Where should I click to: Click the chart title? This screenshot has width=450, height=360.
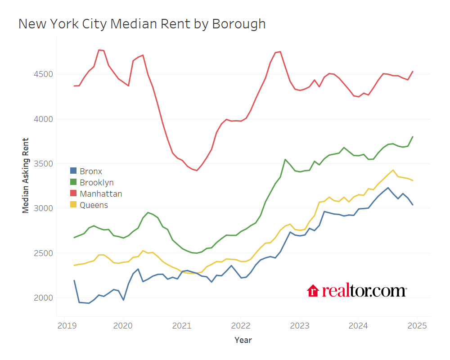pyautogui.click(x=142, y=24)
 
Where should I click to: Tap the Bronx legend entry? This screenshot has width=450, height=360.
pyautogui.click(x=90, y=171)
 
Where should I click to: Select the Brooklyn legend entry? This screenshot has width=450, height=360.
pyautogui.click(x=96, y=182)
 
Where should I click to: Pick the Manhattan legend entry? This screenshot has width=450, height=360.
pyautogui.click(x=100, y=194)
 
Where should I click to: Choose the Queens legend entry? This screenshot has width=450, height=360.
pyautogui.click(x=94, y=205)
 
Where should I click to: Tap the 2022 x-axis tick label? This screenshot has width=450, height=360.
pyautogui.click(x=241, y=325)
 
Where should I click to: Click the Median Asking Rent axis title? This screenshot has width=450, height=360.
pyautogui.click(x=26, y=175)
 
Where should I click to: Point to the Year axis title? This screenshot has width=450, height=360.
pyautogui.click(x=243, y=340)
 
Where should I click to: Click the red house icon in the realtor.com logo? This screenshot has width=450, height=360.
pyautogui.click(x=313, y=291)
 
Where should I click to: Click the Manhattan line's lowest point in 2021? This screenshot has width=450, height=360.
pyautogui.click(x=197, y=171)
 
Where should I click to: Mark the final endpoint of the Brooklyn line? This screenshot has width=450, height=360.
pyautogui.click(x=413, y=137)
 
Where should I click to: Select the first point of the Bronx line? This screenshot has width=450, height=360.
pyautogui.click(x=74, y=280)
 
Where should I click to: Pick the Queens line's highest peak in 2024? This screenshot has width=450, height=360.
pyautogui.click(x=393, y=170)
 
